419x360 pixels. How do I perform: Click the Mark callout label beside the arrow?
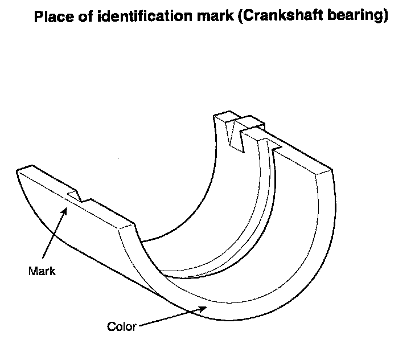(x=42, y=271)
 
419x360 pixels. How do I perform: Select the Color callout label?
(x=121, y=326)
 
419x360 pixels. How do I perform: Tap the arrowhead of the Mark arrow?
(x=67, y=210)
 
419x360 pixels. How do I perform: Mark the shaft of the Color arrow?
(x=171, y=317)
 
